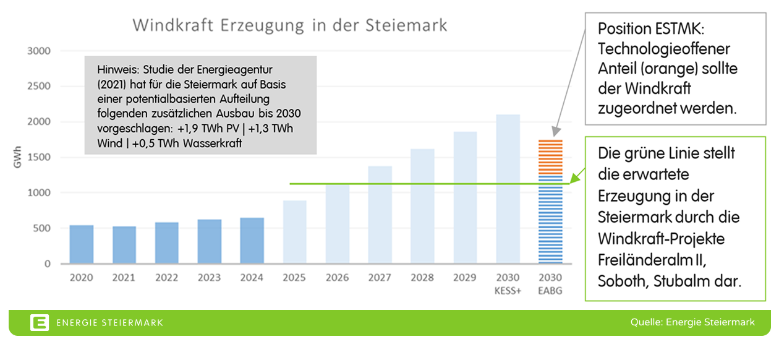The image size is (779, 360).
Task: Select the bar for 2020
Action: click(x=81, y=244)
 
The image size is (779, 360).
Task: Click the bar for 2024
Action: click(x=252, y=241)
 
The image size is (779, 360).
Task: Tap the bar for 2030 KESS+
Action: click(x=508, y=189)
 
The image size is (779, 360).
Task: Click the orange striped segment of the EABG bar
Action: click(x=550, y=157)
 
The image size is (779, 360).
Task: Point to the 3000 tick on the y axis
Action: click(x=38, y=51)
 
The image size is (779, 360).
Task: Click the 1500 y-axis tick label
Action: click(x=38, y=158)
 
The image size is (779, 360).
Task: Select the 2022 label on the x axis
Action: click(x=166, y=278)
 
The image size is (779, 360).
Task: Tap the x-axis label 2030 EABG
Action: click(x=550, y=284)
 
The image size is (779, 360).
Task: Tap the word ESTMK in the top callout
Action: click(x=679, y=28)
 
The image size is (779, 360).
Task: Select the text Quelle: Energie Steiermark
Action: click(x=692, y=322)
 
